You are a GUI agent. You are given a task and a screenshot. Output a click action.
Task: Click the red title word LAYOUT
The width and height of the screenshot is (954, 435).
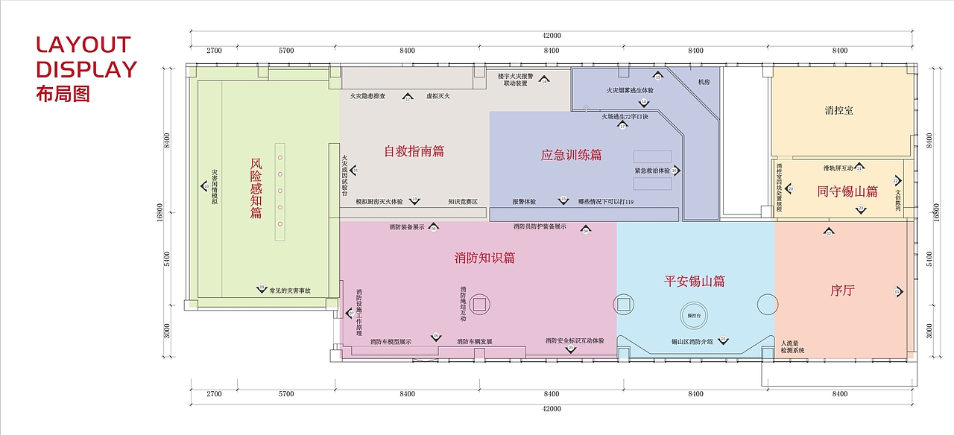pyautogui.click(x=83, y=45)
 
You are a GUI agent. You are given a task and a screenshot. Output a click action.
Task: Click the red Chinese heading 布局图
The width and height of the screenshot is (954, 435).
pyautogui.click(x=63, y=95)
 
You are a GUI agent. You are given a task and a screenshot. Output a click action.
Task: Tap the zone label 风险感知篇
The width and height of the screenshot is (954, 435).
pyautogui.click(x=256, y=188)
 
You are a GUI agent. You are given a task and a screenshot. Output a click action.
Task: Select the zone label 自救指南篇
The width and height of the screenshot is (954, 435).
pyautogui.click(x=414, y=151)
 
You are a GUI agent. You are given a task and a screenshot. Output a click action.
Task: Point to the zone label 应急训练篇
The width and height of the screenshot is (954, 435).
pyautogui.click(x=571, y=156)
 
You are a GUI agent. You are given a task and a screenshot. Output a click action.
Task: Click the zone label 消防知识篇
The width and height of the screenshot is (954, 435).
pyautogui.click(x=484, y=258)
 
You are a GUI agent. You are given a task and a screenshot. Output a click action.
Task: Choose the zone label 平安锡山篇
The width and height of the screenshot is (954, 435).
pyautogui.click(x=695, y=282)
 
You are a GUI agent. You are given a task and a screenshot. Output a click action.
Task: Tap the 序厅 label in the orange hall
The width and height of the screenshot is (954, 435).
pyautogui.click(x=842, y=290)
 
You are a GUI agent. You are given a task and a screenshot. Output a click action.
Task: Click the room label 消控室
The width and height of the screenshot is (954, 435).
pyautogui.click(x=839, y=110)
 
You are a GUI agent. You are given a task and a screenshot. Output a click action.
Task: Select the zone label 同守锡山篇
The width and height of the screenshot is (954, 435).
pyautogui.click(x=847, y=191)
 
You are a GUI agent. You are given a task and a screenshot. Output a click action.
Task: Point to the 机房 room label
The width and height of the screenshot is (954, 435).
pyautogui.click(x=704, y=82)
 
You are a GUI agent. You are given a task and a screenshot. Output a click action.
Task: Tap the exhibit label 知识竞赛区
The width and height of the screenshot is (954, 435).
pyautogui.click(x=463, y=202)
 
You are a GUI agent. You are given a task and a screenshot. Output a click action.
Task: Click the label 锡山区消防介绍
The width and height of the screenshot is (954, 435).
pyautogui.click(x=692, y=341)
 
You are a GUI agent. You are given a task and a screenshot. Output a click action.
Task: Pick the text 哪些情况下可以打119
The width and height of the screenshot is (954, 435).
pyautogui.click(x=606, y=202)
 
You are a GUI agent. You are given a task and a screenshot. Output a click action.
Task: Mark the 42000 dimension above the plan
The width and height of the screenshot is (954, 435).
pyautogui.click(x=551, y=35)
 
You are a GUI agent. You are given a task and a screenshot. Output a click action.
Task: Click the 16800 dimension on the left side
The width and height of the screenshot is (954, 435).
pyautogui.click(x=159, y=213)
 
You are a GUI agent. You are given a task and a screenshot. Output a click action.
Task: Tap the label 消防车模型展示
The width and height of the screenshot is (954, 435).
pyautogui.click(x=391, y=342)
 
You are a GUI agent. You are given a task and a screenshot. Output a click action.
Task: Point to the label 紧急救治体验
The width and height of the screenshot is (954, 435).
pyautogui.click(x=652, y=171)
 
